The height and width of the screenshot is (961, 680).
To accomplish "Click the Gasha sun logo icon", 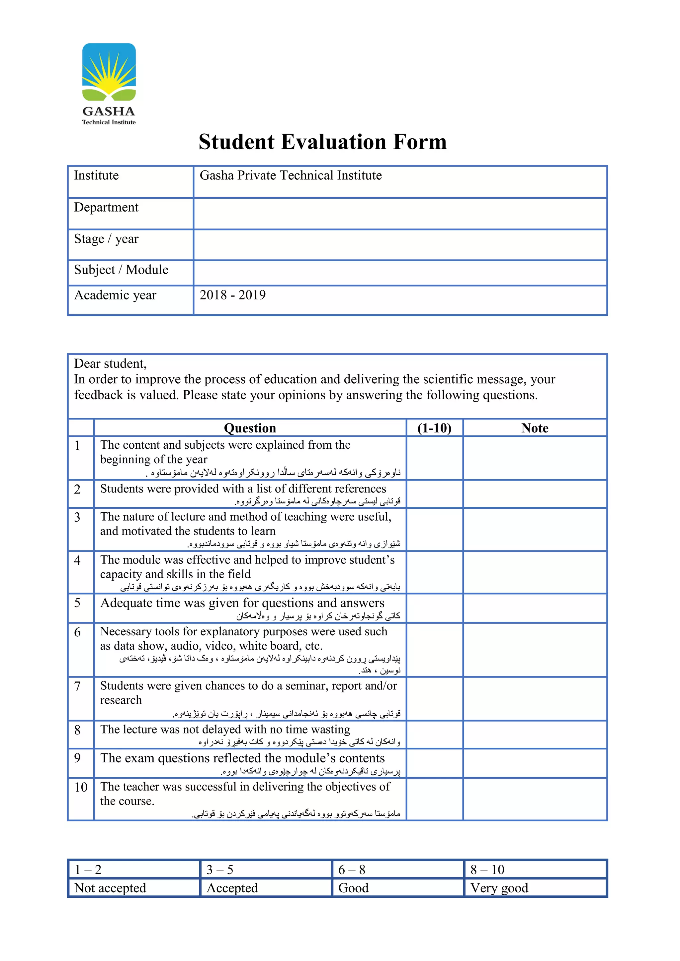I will point(109,72).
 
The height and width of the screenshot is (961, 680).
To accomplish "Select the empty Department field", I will point(400,214).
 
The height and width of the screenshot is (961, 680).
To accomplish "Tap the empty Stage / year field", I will point(400,244).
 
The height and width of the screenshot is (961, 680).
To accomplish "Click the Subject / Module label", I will point(121,270).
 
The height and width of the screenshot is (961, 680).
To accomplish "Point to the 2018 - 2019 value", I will point(232,295).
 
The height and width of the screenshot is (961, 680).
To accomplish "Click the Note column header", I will point(535,428).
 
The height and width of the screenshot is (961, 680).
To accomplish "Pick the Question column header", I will point(250,428).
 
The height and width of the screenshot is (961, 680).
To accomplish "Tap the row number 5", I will point(77,603).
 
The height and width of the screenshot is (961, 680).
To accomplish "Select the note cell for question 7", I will point(535,699).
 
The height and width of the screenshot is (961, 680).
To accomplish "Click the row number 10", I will point(81,787).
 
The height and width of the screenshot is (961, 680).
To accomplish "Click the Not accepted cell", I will point(110,888).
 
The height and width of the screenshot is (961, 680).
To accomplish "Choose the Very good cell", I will point(499,888).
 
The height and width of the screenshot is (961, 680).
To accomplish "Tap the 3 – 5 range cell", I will point(220,870).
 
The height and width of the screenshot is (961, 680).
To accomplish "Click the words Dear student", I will point(110,364).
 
